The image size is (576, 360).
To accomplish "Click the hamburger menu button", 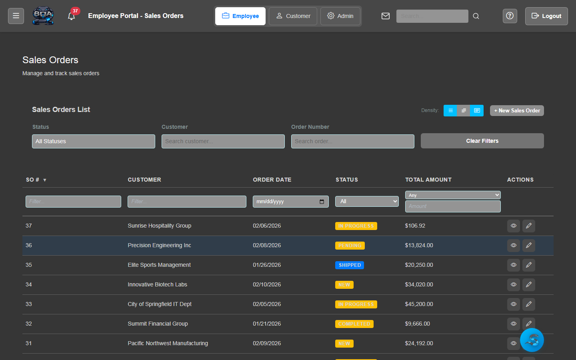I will pyautogui.click(x=16, y=16).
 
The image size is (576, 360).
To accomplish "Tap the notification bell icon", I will pyautogui.click(x=72, y=16).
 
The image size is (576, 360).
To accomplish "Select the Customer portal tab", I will pyautogui.click(x=293, y=16).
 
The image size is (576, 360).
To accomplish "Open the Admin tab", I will pyautogui.click(x=340, y=16).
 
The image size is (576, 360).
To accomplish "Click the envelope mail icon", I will pyautogui.click(x=386, y=16).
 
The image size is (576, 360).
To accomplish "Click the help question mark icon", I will pyautogui.click(x=510, y=16).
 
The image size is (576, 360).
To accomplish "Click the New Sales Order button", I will pyautogui.click(x=517, y=110).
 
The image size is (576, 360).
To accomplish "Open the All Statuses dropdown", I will pyautogui.click(x=94, y=141).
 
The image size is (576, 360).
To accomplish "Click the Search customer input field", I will pyautogui.click(x=223, y=141).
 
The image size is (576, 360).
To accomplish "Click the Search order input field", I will pyautogui.click(x=352, y=141).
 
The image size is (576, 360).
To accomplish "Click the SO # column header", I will pyautogui.click(x=33, y=180).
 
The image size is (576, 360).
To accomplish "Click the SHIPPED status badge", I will pyautogui.click(x=350, y=265).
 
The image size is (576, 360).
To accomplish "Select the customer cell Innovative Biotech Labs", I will pyautogui.click(x=157, y=284).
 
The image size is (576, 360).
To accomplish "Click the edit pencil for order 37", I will pyautogui.click(x=528, y=226).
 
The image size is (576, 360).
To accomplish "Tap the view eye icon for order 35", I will pyautogui.click(x=514, y=265).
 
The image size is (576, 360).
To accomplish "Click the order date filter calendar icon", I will pyautogui.click(x=322, y=202).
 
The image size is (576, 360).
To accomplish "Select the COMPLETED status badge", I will pyautogui.click(x=354, y=324).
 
